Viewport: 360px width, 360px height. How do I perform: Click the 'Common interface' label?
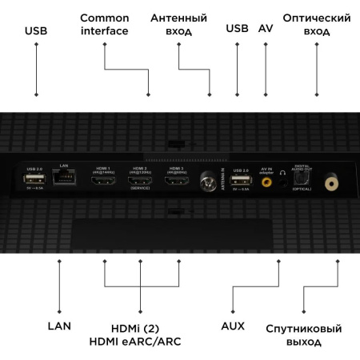105,24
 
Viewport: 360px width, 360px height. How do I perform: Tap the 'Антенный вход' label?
179,24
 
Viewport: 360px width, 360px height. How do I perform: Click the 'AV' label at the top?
266,30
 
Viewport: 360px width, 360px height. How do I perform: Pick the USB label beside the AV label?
237,30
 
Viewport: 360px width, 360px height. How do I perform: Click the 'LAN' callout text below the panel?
59,327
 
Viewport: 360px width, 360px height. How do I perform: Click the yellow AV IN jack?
268,183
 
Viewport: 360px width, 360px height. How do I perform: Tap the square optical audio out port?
300,181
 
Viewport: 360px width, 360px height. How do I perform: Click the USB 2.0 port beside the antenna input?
239,182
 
